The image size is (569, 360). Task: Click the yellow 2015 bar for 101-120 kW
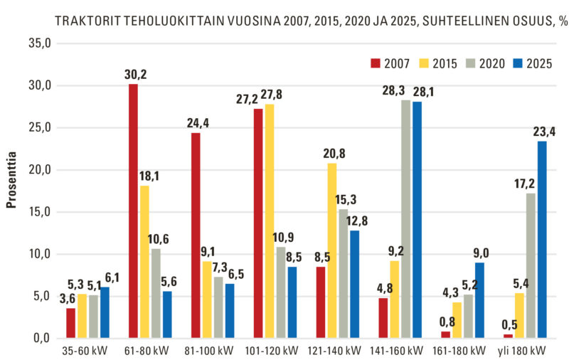tap(270, 221)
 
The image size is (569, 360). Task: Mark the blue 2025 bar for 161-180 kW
tap(479, 300)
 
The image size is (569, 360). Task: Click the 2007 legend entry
tap(390, 63)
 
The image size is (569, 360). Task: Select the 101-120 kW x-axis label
tap(275, 351)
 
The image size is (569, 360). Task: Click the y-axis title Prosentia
tap(11, 186)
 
